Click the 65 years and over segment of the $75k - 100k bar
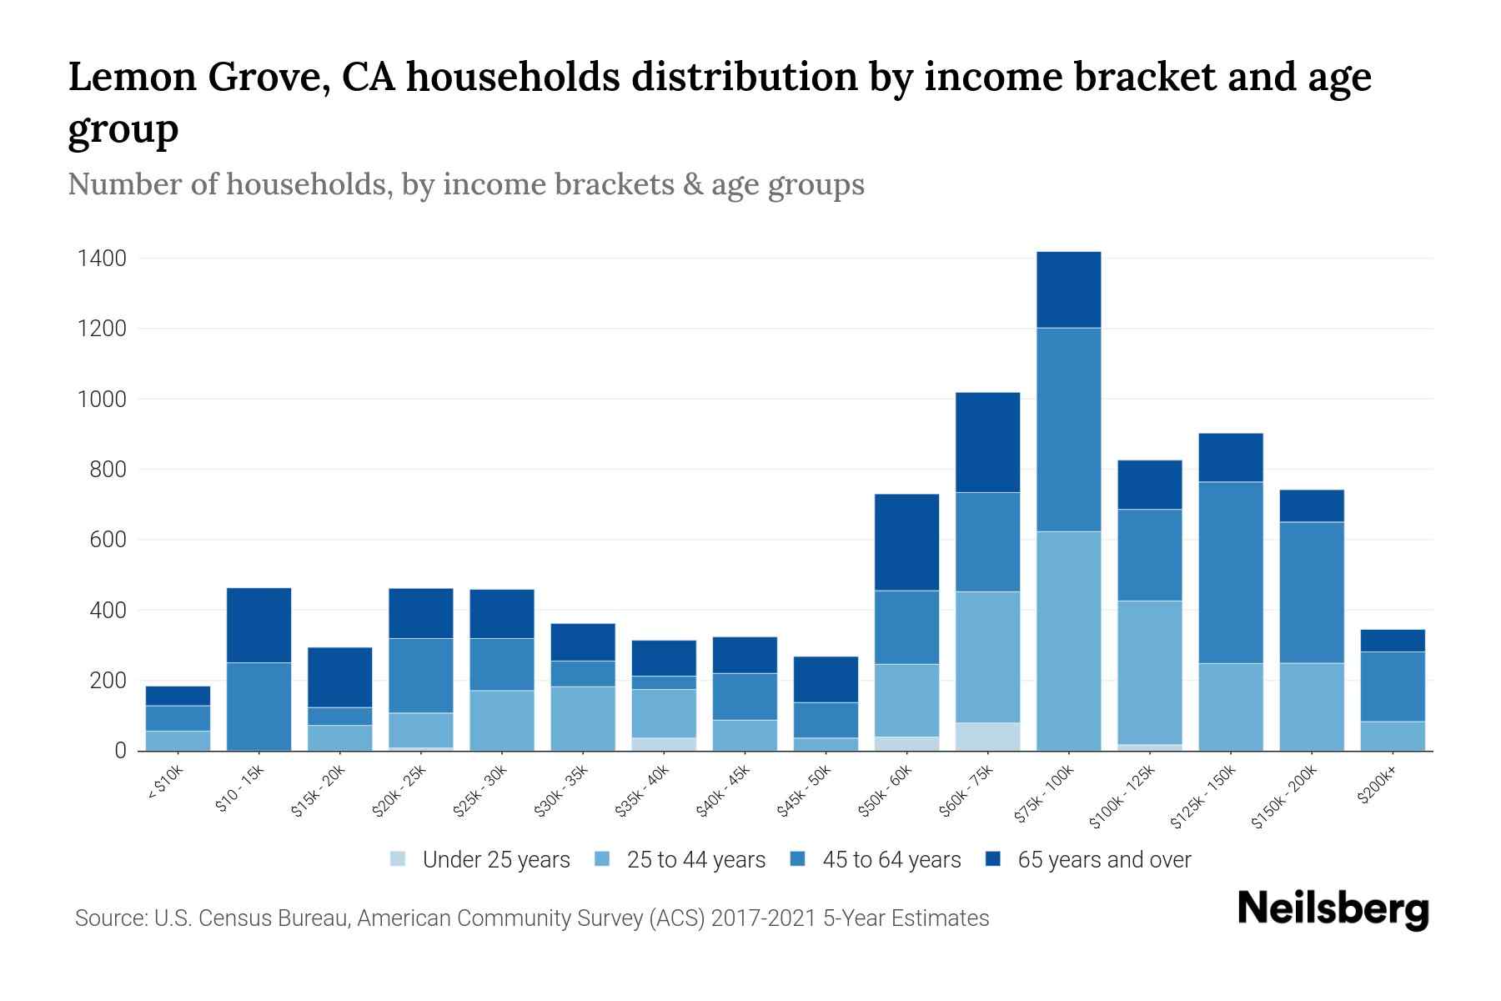[1068, 289]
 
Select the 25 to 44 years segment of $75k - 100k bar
[1068, 641]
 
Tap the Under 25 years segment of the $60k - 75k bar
[987, 737]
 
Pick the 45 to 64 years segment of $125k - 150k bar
[1230, 572]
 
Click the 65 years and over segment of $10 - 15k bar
[259, 625]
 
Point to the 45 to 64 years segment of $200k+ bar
[1392, 686]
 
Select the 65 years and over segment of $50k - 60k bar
[906, 542]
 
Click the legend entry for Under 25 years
[496, 860]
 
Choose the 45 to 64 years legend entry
[891, 860]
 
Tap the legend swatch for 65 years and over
[993, 859]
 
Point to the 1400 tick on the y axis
[103, 259]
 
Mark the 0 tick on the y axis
[121, 751]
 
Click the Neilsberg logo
[1333, 909]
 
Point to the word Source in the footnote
[109, 918]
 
